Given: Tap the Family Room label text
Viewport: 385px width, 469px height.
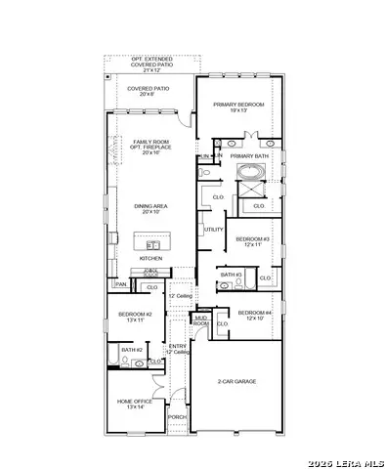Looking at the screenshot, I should click(150, 148).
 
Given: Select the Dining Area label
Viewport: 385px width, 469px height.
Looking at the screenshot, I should click(150, 208).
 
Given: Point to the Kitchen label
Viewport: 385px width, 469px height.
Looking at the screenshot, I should click(150, 258).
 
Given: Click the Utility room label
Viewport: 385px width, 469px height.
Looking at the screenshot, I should click(213, 230).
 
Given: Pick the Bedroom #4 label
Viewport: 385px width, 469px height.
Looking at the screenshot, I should click(253, 315).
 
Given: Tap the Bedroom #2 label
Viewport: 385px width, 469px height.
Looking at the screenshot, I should click(133, 317).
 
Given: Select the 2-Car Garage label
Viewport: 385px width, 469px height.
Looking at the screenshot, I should click(237, 381).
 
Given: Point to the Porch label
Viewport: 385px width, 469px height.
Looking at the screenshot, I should click(177, 417).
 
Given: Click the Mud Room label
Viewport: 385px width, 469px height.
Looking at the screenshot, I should click(201, 320).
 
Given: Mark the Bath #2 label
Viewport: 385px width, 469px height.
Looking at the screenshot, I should click(132, 349).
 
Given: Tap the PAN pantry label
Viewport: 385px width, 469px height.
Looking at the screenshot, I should click(121, 284).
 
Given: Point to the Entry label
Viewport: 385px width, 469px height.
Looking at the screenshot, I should click(177, 348).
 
